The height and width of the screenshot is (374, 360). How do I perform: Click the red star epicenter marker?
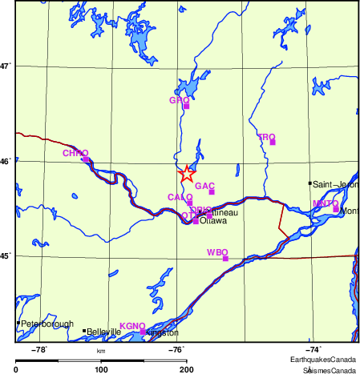coord(186,173)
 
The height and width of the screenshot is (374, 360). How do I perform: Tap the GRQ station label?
coord(179,100)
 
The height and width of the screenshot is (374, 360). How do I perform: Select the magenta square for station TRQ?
coord(273,143)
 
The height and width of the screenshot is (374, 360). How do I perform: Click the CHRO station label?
coord(75,152)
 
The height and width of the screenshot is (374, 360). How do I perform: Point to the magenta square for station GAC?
coord(212,191)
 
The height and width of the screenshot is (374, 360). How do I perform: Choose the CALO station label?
coord(180,197)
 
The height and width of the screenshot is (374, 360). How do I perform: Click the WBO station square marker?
coord(225,259)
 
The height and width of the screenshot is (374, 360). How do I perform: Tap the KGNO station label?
coord(131,326)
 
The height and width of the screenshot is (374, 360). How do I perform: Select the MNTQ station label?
coord(325,203)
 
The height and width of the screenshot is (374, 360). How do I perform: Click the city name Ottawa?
coord(213,221)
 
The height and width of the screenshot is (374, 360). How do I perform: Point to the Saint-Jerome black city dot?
coord(310,183)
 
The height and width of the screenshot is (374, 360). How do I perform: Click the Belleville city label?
coord(103,332)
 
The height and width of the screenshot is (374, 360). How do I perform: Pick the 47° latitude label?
coord(6,66)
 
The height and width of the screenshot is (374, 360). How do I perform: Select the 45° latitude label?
coord(6,256)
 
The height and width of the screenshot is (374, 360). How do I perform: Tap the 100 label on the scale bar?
coord(102,369)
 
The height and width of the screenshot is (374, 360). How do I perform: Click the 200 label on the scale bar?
coord(186,369)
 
